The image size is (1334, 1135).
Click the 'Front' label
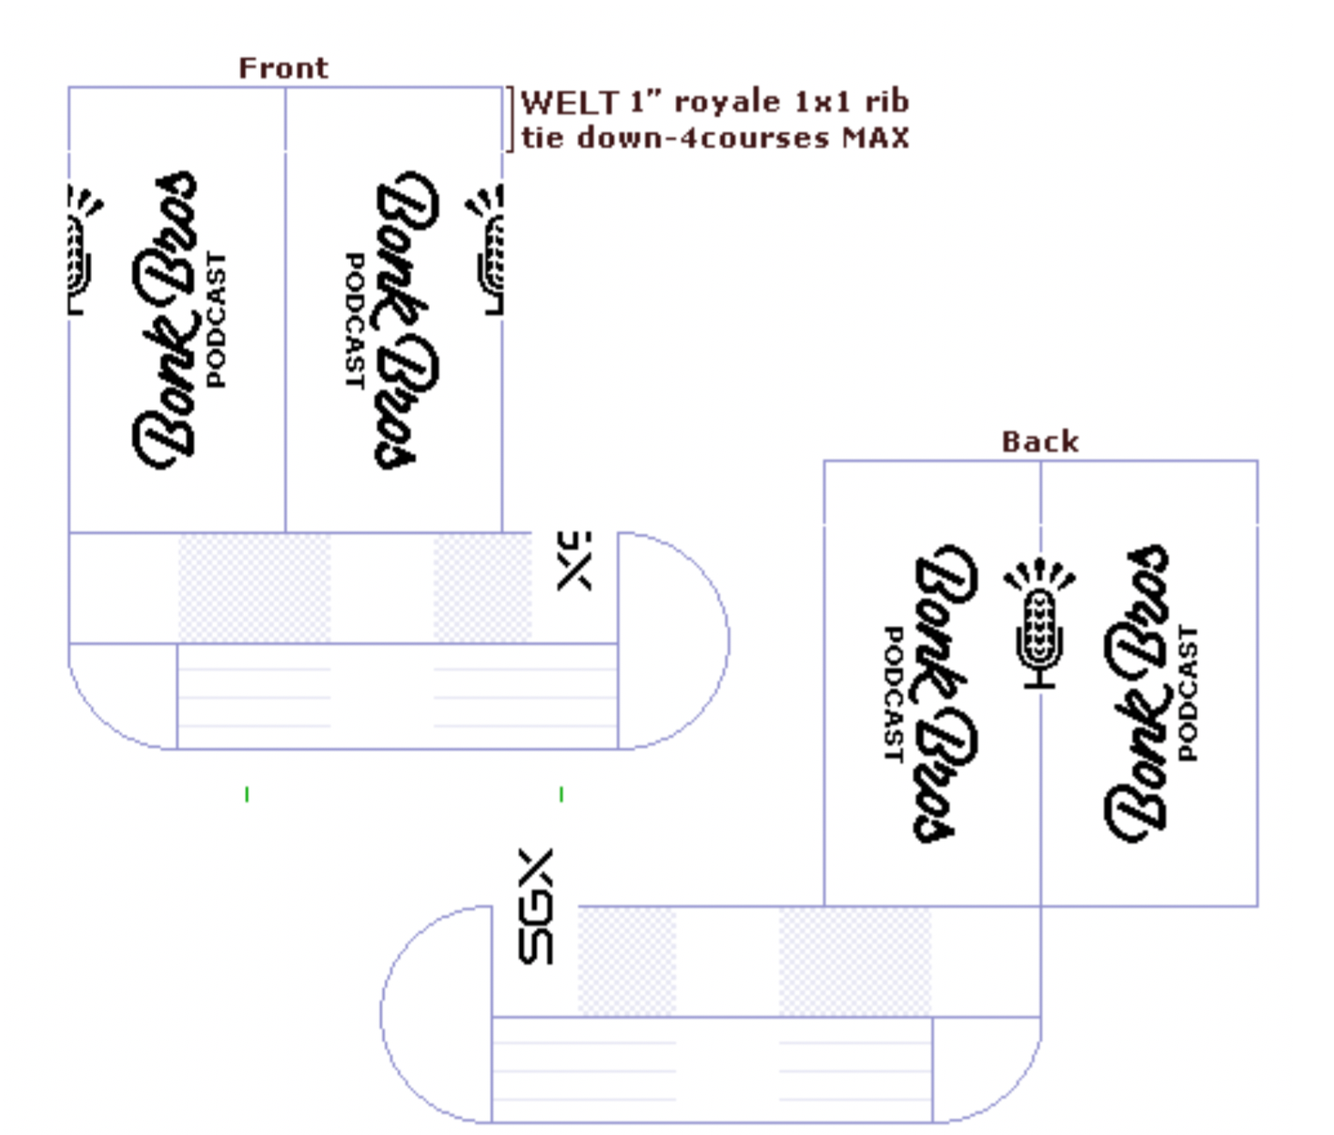click(x=283, y=68)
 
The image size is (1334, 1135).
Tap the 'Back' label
click(x=1040, y=442)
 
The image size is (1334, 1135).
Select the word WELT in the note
click(x=571, y=102)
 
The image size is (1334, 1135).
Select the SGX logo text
click(x=535, y=906)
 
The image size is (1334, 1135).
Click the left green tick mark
click(x=248, y=795)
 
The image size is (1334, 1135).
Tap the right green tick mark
click(x=561, y=795)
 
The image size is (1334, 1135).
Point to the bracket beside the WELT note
click(x=510, y=119)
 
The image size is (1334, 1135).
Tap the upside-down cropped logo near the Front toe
click(x=573, y=561)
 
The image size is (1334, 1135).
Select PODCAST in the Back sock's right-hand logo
click(x=1187, y=693)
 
